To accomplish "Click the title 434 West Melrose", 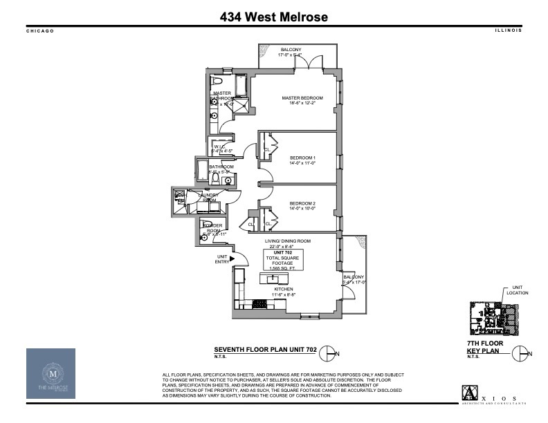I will click(273, 17).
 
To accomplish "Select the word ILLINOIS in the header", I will click(508, 31).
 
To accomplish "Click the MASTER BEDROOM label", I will click(302, 98).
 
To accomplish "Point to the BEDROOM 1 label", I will click(302, 158).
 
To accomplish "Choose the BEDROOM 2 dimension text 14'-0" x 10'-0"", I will click(302, 208).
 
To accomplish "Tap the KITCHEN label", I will click(283, 289).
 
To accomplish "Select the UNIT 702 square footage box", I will click(282, 260).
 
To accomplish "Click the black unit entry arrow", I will click(232, 259).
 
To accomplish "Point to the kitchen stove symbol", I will click(261, 303).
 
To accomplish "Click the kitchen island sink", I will click(274, 278).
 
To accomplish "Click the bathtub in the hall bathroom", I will click(203, 170).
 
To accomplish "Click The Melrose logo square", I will click(55, 373).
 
